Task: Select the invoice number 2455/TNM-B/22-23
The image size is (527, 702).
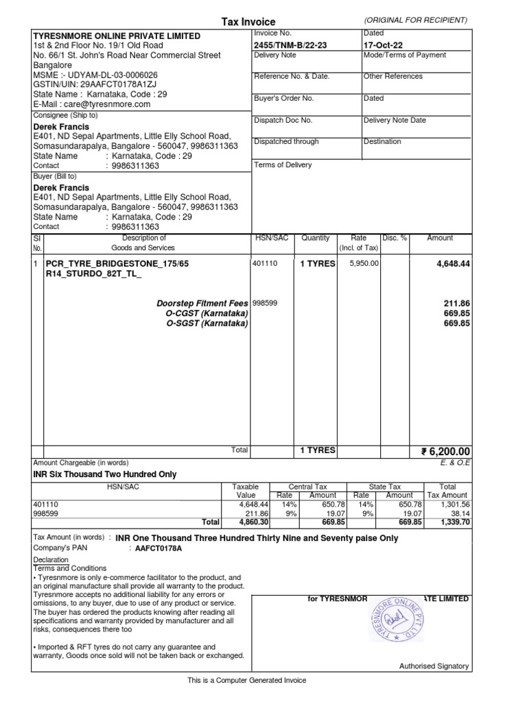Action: pos(290,45)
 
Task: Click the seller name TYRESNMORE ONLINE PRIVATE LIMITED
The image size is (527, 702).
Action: pos(117,36)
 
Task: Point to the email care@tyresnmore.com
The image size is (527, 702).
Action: pos(91,104)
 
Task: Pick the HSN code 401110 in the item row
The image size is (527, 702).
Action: pos(266,263)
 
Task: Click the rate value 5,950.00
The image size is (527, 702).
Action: pos(364,263)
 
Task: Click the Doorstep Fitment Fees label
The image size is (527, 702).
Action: pos(202,302)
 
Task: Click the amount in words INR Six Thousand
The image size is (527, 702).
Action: pos(105,474)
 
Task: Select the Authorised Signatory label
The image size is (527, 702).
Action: pos(434,666)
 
